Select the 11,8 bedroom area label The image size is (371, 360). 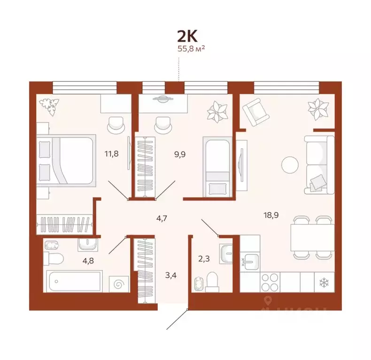(111, 153)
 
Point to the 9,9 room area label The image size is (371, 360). (179, 153)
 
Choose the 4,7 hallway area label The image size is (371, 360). (162, 217)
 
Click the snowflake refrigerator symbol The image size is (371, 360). (323, 283)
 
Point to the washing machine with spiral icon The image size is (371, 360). (118, 283)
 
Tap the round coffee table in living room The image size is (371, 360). (290, 165)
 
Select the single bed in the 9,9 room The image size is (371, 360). (216, 167)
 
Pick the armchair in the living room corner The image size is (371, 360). (254, 112)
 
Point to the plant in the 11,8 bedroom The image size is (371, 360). (50, 106)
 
